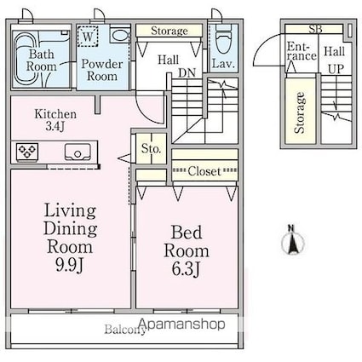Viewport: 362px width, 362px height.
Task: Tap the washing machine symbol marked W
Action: click(x=88, y=36)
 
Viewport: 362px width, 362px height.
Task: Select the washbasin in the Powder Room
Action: click(x=119, y=35)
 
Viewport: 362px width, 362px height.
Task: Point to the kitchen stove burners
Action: click(x=27, y=152)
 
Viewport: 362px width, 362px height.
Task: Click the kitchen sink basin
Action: click(x=78, y=152)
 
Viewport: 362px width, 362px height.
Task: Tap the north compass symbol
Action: click(x=292, y=241)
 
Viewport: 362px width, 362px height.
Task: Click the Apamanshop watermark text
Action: click(x=182, y=324)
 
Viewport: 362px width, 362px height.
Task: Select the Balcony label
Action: click(x=125, y=330)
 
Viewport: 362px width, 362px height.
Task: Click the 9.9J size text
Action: click(x=69, y=266)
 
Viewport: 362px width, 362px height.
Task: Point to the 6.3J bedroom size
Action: click(x=187, y=269)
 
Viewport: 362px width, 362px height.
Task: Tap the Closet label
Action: click(x=204, y=171)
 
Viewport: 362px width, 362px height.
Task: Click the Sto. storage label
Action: click(x=152, y=148)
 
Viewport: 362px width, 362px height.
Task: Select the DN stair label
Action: click(x=187, y=73)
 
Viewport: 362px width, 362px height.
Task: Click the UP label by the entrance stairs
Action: click(x=336, y=69)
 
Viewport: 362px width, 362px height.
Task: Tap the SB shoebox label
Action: click(x=315, y=29)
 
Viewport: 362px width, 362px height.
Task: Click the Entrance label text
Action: click(x=302, y=51)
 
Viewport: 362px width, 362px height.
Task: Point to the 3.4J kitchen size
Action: click(x=55, y=126)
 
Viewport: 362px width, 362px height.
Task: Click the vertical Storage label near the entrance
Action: click(x=300, y=112)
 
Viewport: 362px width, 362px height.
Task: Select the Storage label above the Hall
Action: click(x=170, y=31)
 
